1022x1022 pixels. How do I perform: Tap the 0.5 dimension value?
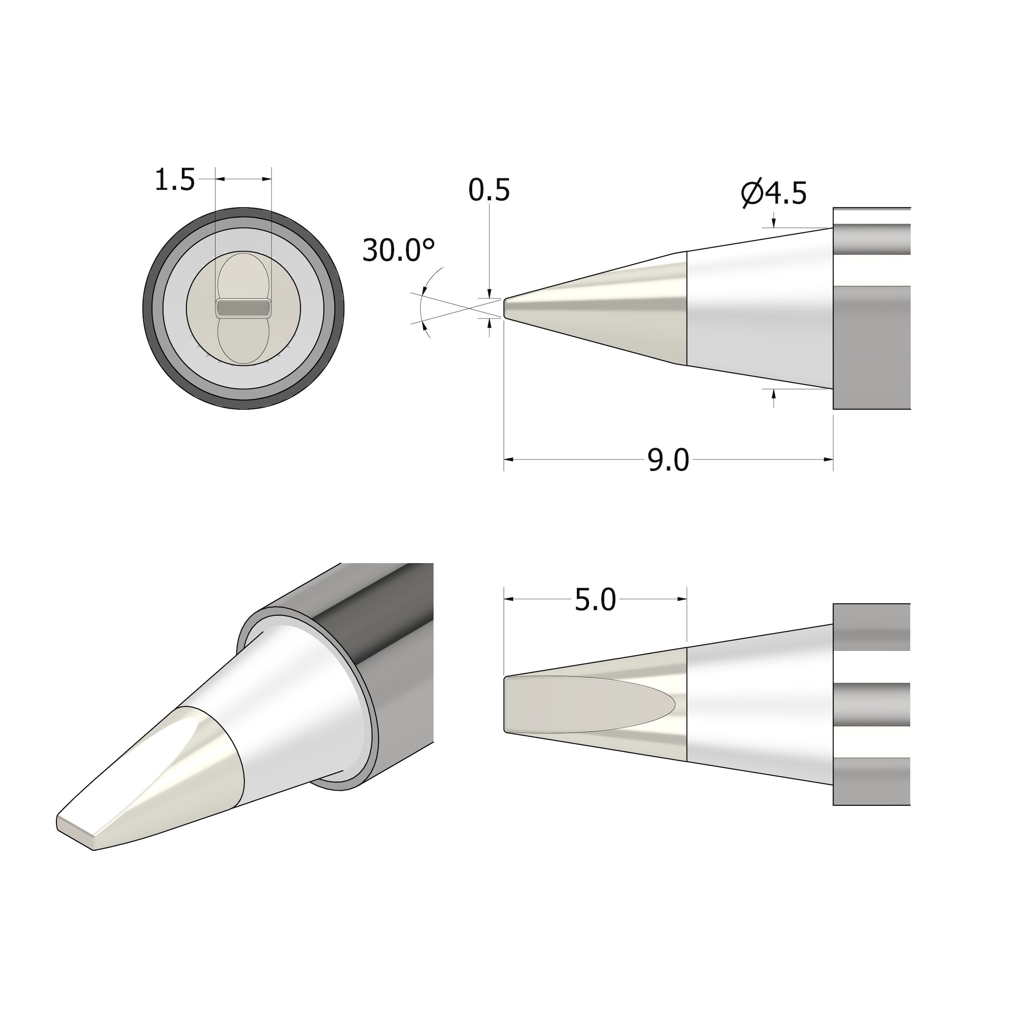489,191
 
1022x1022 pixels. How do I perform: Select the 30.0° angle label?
399,251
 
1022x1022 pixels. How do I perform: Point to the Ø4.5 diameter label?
773,194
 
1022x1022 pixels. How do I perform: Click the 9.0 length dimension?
668,460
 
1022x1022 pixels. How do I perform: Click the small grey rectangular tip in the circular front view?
243,308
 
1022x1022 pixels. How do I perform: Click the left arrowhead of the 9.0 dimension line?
509,460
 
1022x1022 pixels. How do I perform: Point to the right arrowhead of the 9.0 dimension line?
828,460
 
